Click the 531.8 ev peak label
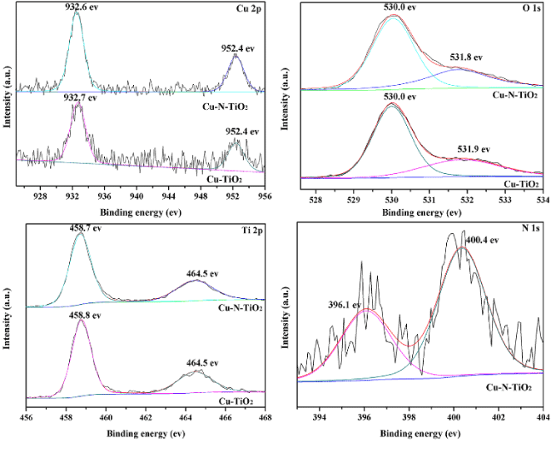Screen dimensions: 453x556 [469, 57]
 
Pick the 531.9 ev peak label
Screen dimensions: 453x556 [474, 149]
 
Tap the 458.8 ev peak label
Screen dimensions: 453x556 [81, 315]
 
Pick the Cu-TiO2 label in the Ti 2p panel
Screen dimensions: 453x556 [236, 401]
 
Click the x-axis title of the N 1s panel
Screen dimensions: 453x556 [420, 434]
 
